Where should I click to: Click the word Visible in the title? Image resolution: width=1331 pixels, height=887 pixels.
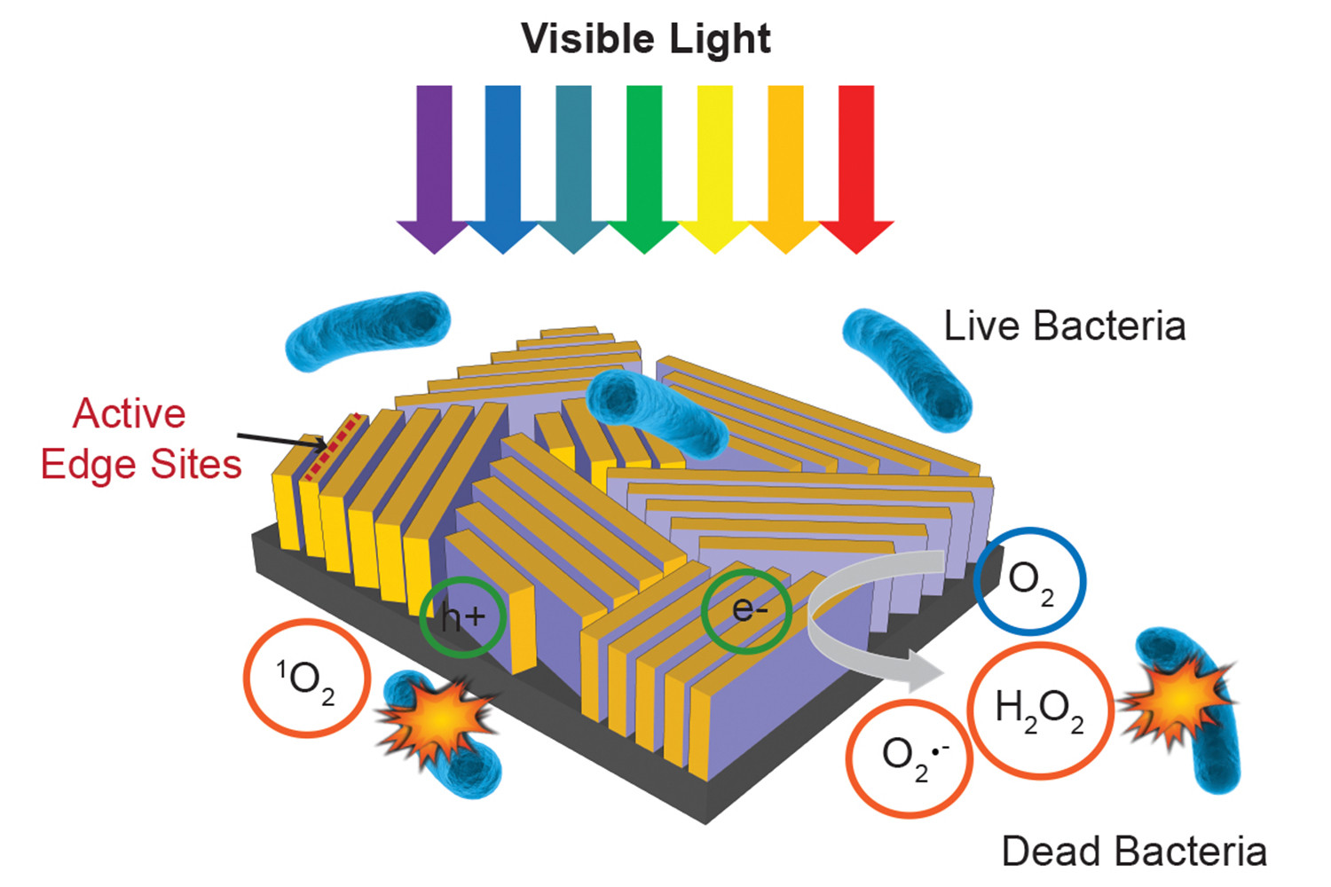coord(587,39)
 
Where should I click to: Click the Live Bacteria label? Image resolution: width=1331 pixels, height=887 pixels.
coord(1065,326)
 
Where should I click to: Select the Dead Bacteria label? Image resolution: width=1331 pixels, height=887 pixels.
coord(1134,852)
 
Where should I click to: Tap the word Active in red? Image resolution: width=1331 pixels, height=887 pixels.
coord(129,413)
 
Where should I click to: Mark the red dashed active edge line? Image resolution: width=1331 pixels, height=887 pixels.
coord(334,447)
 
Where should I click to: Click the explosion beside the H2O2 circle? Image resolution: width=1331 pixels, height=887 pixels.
coord(1177,701)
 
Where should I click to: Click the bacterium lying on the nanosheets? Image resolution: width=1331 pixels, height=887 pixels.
coord(658,413)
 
